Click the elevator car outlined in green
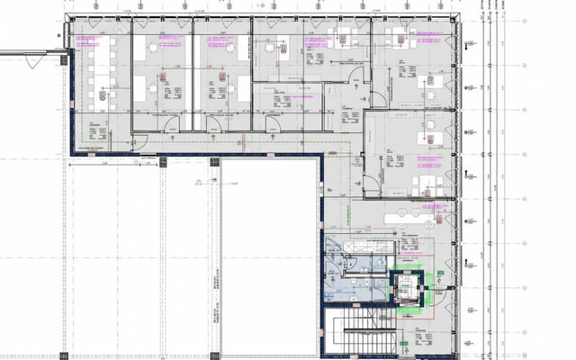(406, 286)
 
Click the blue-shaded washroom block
(347, 274)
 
